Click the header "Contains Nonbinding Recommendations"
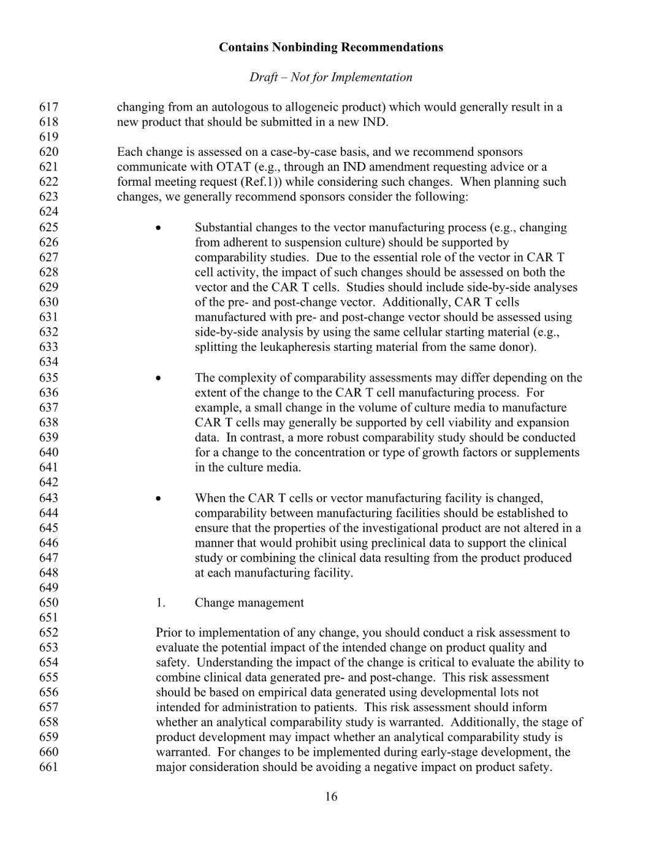[x=330, y=47]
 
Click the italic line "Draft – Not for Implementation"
[x=330, y=77]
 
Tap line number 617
[x=49, y=107]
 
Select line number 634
[x=49, y=362]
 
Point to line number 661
[x=49, y=767]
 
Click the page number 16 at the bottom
[x=331, y=797]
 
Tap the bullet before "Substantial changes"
[x=159, y=228]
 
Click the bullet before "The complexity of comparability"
[x=159, y=379]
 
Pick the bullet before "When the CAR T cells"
[x=159, y=499]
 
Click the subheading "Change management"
[x=249, y=602]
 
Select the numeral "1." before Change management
[x=161, y=602]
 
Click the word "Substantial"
[x=223, y=228]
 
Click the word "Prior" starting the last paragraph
[x=169, y=632]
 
